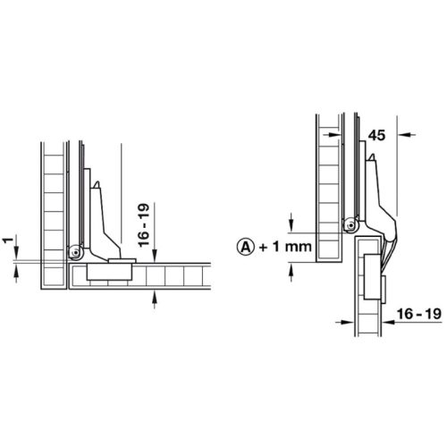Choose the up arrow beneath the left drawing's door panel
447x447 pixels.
[157, 300]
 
